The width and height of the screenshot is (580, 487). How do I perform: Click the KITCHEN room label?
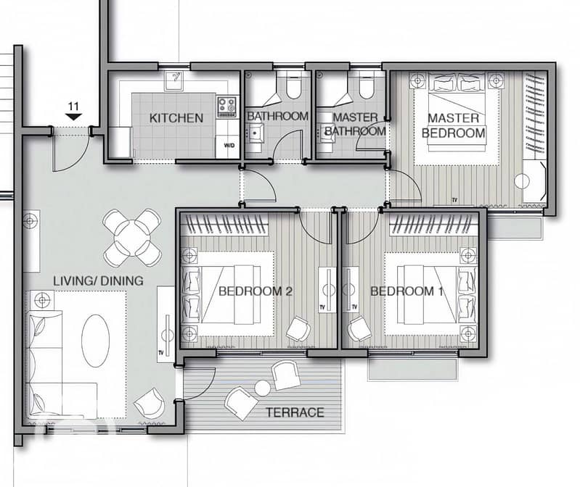(176, 118)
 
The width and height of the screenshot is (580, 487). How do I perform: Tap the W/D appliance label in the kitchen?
(229, 146)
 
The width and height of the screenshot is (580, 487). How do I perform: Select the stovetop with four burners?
(226, 107)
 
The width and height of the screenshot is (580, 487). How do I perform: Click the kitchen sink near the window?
(174, 81)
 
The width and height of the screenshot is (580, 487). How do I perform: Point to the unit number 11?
(73, 107)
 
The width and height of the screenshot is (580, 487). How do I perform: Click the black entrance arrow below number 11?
(73, 117)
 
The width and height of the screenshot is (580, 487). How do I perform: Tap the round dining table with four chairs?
(132, 238)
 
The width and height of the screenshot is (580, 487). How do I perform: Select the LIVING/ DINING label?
(99, 281)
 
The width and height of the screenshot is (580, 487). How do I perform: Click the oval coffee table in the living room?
(95, 341)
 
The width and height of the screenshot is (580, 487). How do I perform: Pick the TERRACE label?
(295, 412)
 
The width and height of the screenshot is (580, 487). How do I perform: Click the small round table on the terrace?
(263, 388)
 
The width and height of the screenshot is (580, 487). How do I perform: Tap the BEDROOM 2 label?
(256, 291)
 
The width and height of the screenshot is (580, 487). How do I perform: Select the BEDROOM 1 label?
(407, 291)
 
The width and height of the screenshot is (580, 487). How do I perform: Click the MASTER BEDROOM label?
(454, 125)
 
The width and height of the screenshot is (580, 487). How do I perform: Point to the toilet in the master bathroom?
(366, 86)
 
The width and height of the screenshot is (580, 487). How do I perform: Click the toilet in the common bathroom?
(294, 86)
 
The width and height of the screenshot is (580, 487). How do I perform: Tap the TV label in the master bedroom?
(454, 200)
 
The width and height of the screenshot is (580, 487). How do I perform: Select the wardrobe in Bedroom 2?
(226, 224)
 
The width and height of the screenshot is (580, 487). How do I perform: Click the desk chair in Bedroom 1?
(359, 329)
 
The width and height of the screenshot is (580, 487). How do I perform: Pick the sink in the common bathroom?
(256, 133)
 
